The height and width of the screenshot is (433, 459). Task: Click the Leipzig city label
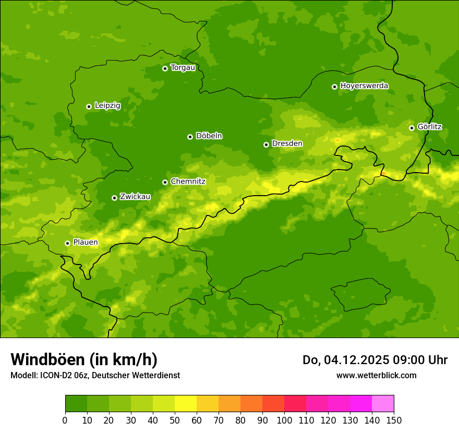tap(107, 106)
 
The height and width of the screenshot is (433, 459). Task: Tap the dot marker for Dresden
tap(266, 145)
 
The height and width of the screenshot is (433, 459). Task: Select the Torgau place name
tap(183, 68)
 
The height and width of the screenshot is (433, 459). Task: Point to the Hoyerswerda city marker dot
tap(334, 87)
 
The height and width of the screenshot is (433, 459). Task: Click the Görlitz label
tap(430, 127)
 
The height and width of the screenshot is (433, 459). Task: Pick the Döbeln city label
tap(209, 136)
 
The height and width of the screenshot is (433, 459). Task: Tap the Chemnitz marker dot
tap(165, 182)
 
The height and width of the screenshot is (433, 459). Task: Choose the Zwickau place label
tap(135, 197)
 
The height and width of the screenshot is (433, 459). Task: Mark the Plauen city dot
tap(67, 243)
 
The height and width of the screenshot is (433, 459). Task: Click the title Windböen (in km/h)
tap(84, 359)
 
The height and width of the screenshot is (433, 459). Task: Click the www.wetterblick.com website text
tap(376, 375)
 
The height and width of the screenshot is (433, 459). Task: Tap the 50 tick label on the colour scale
tap(175, 420)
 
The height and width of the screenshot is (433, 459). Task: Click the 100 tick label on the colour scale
tap(284, 420)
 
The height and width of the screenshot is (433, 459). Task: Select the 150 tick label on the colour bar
tap(394, 420)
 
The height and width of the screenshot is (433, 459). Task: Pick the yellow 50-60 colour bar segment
tap(186, 404)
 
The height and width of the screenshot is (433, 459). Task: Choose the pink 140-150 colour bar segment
tap(383, 404)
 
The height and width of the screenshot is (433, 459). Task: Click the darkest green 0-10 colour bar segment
tap(76, 404)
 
